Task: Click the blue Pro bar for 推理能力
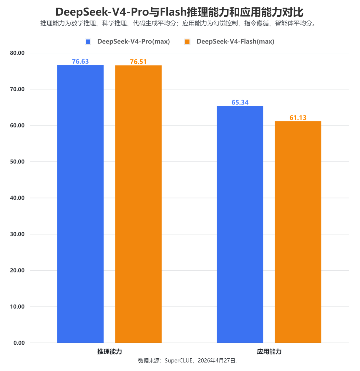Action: [80, 204]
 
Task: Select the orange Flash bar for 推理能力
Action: [138, 204]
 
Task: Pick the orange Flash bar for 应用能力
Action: [298, 232]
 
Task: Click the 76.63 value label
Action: [80, 61]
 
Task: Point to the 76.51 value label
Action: [138, 62]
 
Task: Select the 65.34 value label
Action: [240, 102]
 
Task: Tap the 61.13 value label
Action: [298, 117]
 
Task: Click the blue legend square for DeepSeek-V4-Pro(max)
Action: [88, 42]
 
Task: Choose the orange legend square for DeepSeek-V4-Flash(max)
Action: [187, 42]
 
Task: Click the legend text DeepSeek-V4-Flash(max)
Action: [235, 42]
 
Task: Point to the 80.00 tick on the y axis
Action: [17, 53]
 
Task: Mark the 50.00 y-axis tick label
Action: [17, 161]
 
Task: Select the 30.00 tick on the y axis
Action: [17, 234]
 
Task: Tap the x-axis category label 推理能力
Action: [109, 352]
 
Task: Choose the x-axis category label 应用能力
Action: [269, 352]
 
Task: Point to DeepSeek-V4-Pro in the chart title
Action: [101, 12]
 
